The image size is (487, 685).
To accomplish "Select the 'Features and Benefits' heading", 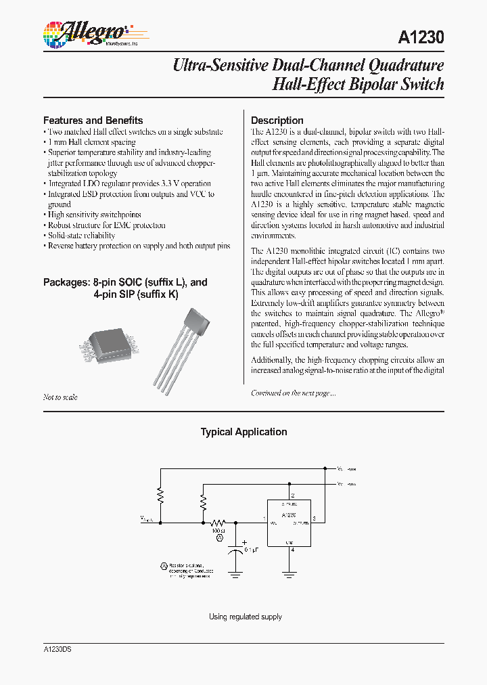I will click(93, 120).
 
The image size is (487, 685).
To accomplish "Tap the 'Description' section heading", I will click(277, 120).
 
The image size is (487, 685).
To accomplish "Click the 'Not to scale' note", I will click(60, 397).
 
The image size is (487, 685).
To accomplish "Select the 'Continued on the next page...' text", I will click(293, 393).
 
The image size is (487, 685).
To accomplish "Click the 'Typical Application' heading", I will click(243, 432).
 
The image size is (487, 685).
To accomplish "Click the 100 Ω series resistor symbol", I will click(218, 523).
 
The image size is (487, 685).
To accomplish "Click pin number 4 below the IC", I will click(292, 550).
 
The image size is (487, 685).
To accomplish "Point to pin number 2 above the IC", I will click(292, 495).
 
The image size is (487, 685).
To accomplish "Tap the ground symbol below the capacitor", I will click(235, 574).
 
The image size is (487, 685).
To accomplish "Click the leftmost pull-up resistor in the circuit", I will click(160, 496).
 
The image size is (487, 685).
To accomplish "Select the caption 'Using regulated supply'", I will click(245, 617).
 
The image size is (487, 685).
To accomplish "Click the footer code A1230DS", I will click(57, 648).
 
